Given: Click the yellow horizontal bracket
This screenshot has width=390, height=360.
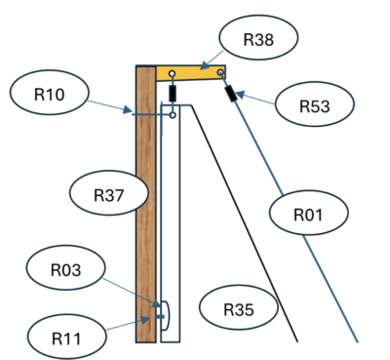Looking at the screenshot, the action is (x=191, y=73).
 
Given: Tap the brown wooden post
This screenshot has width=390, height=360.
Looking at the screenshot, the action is (x=145, y=204).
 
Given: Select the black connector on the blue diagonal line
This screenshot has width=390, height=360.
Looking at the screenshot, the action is (x=231, y=94).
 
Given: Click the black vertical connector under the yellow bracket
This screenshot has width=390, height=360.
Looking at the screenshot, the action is (x=173, y=94).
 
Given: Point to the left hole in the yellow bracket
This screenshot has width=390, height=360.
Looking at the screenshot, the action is (x=173, y=74).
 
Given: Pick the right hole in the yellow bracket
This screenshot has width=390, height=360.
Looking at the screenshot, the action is (x=220, y=72).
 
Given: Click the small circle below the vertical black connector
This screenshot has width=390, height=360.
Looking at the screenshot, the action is (x=173, y=115).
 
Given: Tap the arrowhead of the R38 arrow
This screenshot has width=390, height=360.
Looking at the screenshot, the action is (x=203, y=66).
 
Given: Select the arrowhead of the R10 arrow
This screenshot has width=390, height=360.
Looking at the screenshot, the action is (x=128, y=109).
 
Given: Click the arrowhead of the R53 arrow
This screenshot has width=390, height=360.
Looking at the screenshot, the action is (x=239, y=95).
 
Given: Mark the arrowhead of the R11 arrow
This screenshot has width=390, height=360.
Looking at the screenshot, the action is (x=144, y=320).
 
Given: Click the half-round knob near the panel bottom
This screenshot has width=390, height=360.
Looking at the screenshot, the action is (x=165, y=316).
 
